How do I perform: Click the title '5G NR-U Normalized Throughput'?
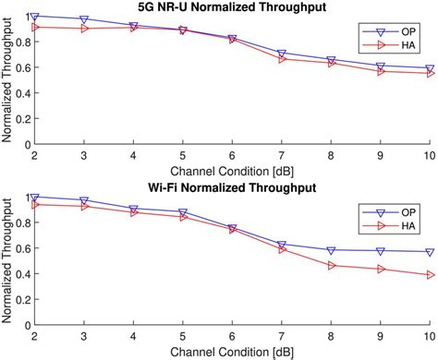(x=232, y=7)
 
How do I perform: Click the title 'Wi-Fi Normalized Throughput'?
(x=232, y=187)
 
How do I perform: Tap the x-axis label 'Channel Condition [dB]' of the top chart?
(x=232, y=173)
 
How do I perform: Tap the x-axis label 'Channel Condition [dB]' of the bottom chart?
(x=232, y=353)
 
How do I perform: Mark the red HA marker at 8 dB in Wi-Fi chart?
(x=331, y=266)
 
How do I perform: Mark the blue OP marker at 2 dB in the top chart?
(x=35, y=17)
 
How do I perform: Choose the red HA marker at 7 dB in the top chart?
(x=282, y=58)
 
